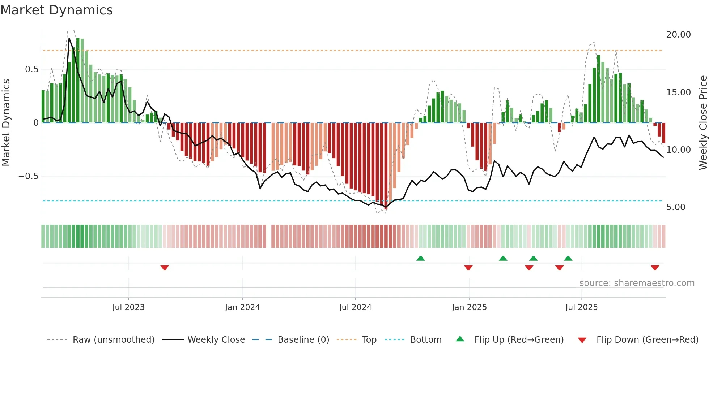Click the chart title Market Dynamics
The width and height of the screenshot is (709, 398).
(56, 10)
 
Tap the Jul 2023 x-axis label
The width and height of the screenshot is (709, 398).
(128, 307)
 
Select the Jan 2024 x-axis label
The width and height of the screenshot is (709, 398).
(242, 307)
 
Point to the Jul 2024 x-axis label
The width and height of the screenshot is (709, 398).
(355, 307)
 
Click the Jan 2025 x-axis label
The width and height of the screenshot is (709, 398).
(469, 307)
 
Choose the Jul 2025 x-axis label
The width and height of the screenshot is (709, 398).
(581, 307)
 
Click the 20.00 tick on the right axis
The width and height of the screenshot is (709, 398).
(678, 35)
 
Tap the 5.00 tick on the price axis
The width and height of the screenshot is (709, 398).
(676, 207)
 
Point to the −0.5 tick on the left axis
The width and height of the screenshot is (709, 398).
(28, 176)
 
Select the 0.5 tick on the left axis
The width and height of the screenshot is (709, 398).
(31, 69)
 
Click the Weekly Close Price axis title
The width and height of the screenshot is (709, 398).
(703, 123)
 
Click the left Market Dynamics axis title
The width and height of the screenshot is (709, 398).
(6, 123)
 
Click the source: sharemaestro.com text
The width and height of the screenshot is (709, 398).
(637, 283)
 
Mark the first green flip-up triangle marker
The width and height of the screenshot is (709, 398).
(420, 259)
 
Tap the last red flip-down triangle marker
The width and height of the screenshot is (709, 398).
(655, 268)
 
